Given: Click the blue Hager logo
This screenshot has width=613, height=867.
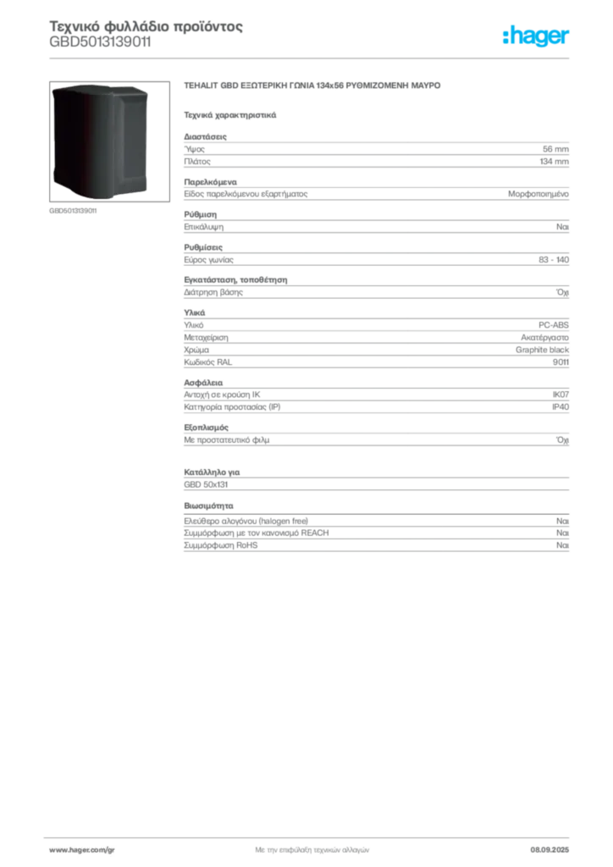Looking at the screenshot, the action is (x=537, y=36).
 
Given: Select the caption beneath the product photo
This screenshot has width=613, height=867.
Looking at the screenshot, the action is (x=75, y=211).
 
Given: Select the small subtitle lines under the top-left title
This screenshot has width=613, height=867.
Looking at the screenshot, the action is (x=102, y=49).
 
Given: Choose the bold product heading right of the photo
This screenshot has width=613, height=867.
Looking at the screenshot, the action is (x=313, y=88).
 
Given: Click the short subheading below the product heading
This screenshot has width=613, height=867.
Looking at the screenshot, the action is (x=230, y=114).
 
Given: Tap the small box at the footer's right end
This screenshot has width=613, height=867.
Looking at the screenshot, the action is (x=555, y=843).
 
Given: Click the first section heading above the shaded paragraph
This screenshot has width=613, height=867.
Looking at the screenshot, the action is (x=196, y=133).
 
